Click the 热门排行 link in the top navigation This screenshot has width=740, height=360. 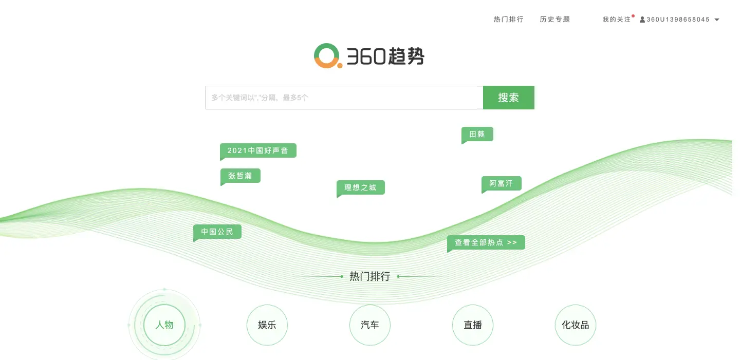[508, 20]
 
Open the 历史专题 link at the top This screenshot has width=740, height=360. [554, 20]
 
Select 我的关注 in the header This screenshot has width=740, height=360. [616, 20]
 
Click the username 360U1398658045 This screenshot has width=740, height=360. [678, 20]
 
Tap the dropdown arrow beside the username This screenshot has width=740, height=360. [717, 20]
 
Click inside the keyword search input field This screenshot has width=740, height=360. [344, 98]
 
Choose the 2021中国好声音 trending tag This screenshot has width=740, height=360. [258, 150]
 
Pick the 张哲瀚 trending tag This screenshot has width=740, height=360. [240, 176]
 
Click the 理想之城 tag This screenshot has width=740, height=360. [361, 187]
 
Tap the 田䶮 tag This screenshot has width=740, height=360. [477, 134]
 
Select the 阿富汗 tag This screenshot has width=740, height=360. [502, 183]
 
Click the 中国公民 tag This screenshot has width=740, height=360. [217, 232]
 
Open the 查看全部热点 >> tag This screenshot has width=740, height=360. [486, 242]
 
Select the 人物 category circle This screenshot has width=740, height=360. [164, 325]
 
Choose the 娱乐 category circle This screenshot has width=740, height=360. [267, 325]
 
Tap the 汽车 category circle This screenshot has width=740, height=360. [370, 325]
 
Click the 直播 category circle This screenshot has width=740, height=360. [473, 325]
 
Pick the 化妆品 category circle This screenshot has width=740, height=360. [576, 325]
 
